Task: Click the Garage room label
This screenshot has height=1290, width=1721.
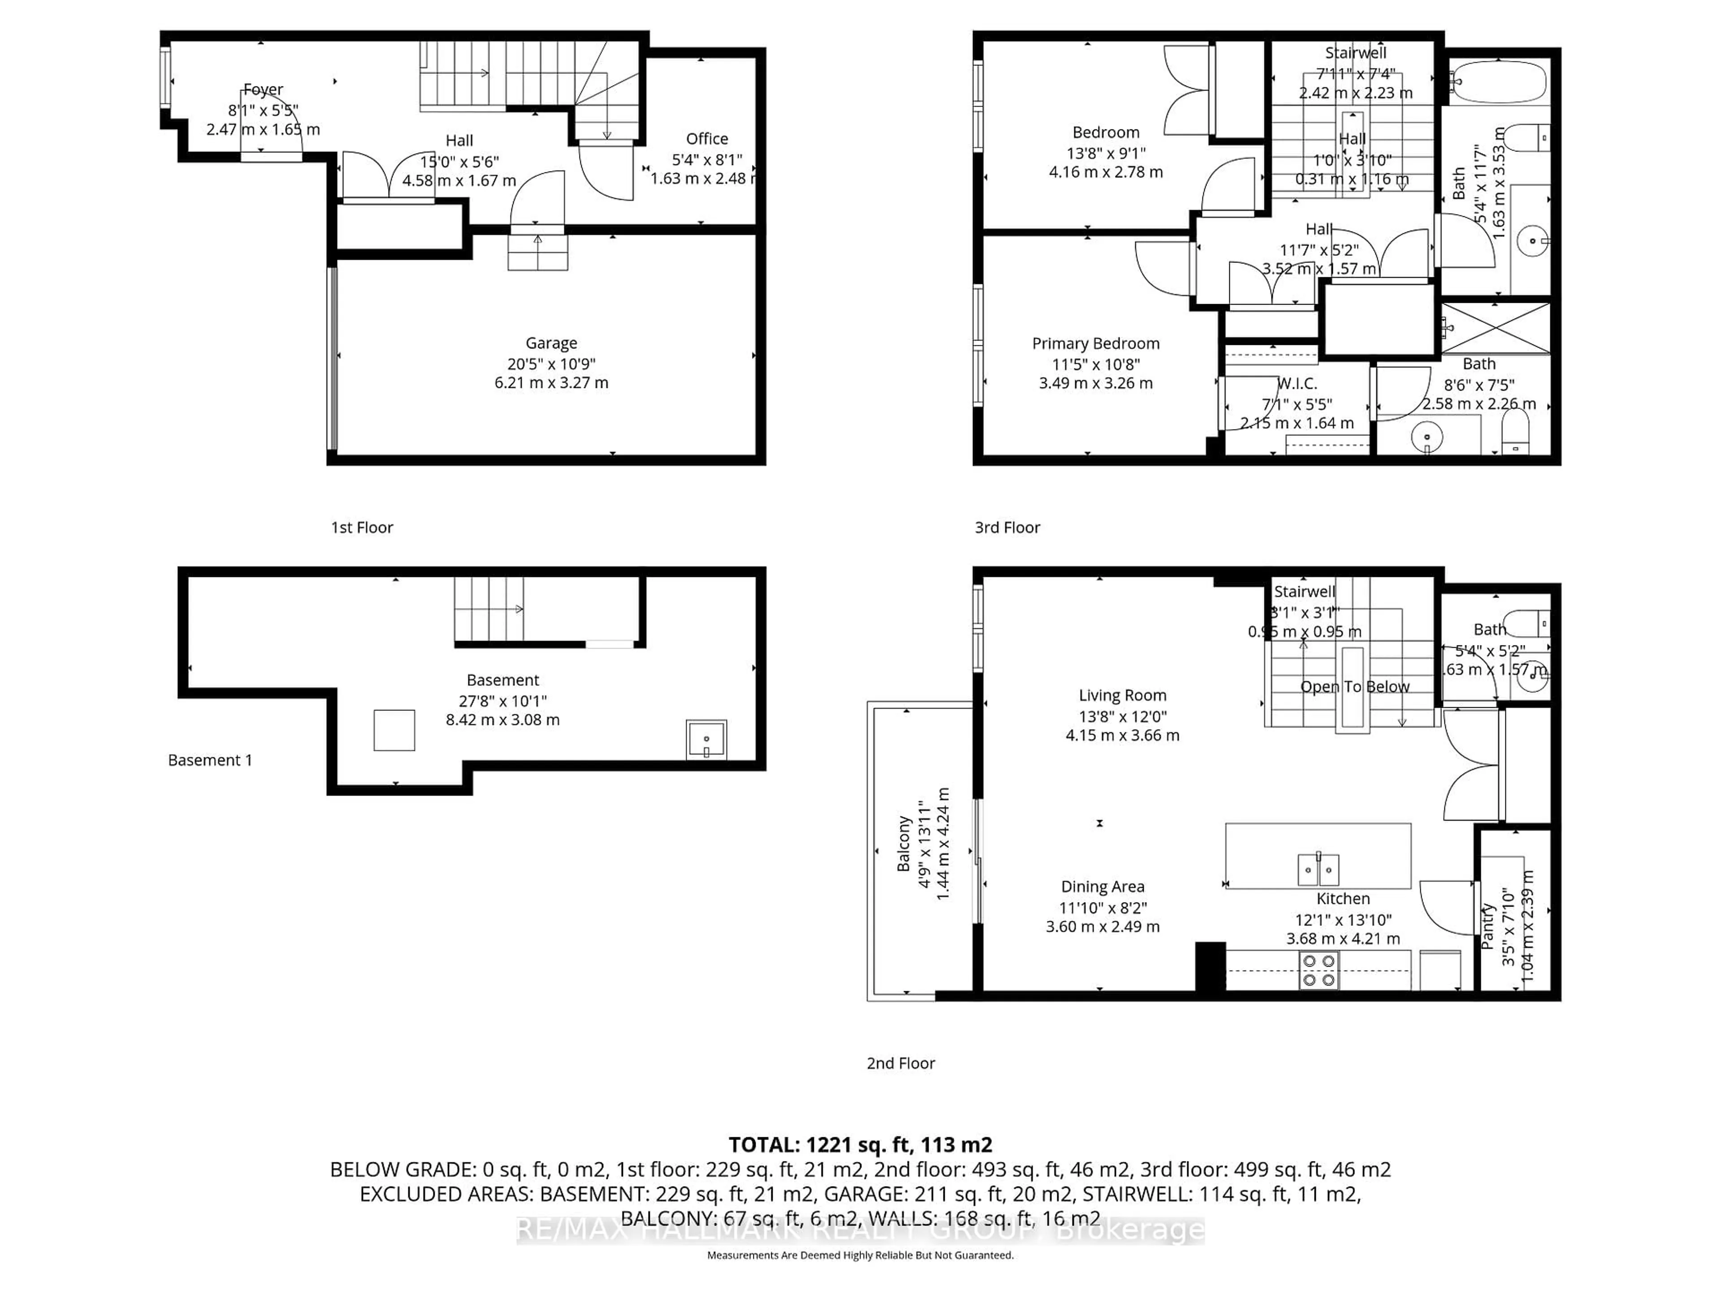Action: [x=551, y=343]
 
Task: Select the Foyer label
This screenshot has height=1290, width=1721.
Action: [x=263, y=90]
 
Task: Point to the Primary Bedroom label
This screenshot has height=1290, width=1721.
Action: [x=1095, y=344]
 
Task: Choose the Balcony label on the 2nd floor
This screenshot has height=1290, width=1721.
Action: [x=903, y=844]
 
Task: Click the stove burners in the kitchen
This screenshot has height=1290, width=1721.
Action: [x=1319, y=971]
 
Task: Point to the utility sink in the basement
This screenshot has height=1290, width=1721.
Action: [x=706, y=740]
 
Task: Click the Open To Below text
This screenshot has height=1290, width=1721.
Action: [x=1354, y=687]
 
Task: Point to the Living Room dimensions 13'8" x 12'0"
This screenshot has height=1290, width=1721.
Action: [x=1122, y=716]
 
